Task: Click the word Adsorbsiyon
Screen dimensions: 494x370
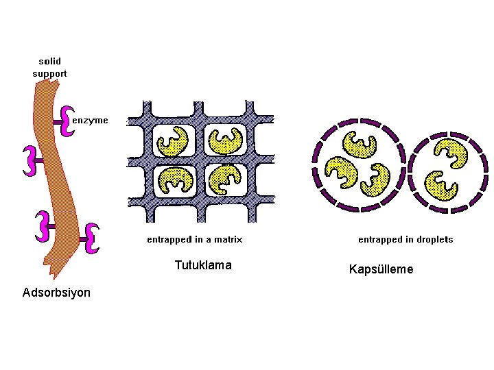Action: [56, 293]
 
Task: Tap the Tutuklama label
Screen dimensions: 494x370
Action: [203, 265]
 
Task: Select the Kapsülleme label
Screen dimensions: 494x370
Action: [381, 269]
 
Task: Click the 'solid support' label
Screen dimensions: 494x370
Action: [49, 67]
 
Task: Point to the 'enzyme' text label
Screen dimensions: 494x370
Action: [90, 120]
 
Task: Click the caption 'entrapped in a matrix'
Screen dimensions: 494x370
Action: [194, 240]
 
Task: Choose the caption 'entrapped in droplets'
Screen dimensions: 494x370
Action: [405, 240]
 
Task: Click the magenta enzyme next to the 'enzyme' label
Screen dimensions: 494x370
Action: [67, 121]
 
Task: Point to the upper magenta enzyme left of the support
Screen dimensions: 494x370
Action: [29, 160]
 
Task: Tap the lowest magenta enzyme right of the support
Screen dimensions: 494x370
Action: [92, 238]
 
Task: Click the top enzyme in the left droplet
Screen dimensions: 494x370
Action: [361, 144]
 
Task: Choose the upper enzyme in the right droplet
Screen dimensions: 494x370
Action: [453, 153]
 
